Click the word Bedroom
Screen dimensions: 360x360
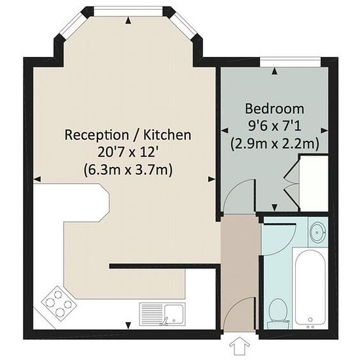[x=275, y=109]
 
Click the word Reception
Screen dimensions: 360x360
[x=97, y=135]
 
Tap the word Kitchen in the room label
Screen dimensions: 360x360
[x=167, y=135]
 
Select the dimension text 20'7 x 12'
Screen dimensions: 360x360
[x=127, y=152]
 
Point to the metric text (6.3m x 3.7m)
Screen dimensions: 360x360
[x=128, y=170]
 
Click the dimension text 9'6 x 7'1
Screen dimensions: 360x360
[x=275, y=126]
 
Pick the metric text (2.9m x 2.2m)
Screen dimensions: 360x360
[x=275, y=144]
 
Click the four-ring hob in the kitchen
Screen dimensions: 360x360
[x=59, y=303]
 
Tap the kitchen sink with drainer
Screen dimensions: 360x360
[x=162, y=314]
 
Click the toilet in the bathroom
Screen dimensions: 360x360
[x=278, y=314]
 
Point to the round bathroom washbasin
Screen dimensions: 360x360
[x=317, y=232]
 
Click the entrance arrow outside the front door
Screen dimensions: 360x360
[x=240, y=346]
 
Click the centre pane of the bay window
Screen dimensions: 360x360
[x=128, y=12]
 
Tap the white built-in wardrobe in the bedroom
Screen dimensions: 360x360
[x=314, y=183]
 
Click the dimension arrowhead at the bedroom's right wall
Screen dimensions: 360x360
[x=324, y=131]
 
